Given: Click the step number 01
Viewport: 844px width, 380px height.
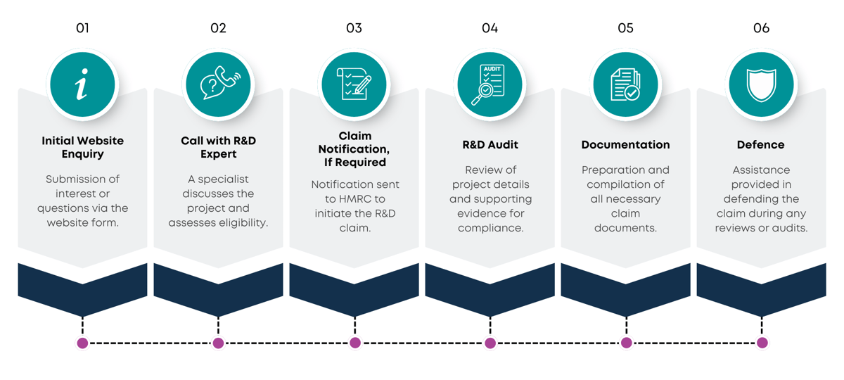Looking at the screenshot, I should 82,28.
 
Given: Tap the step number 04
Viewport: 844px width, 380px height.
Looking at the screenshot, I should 490,28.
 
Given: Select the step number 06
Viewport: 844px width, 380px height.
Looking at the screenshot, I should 761,28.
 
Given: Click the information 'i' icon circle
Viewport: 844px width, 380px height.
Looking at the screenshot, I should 82,85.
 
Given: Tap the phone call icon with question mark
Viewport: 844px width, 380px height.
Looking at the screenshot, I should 218,85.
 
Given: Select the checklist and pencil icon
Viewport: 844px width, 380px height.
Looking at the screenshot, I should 354,85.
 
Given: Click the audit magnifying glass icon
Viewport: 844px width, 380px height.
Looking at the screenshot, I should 490,85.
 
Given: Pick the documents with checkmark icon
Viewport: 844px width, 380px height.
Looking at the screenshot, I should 625,85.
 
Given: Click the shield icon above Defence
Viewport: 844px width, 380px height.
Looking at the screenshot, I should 761,85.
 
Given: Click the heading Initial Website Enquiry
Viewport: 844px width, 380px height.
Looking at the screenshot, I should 82,147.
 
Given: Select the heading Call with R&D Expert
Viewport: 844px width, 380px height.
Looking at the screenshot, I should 218,147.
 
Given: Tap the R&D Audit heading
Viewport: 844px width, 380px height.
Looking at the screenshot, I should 490,145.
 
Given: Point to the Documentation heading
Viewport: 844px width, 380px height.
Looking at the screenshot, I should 625,145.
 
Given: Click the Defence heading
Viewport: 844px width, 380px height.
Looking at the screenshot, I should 761,145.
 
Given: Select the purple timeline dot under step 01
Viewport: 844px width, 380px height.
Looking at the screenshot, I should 82,343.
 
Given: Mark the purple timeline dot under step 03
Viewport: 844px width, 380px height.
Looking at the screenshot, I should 354,343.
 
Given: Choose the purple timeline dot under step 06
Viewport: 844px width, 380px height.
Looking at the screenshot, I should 762,343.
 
